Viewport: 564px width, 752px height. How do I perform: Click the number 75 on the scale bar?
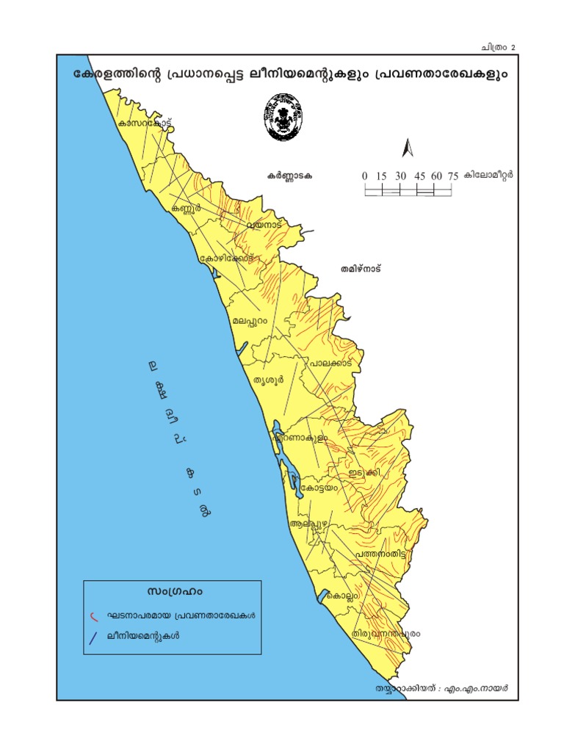pos(453,176)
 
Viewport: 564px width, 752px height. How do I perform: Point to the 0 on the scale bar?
pos(365,176)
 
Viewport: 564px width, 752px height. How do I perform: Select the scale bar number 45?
pos(419,176)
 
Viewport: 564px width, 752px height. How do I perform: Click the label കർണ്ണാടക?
pos(290,176)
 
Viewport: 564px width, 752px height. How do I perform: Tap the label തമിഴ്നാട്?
pos(361,269)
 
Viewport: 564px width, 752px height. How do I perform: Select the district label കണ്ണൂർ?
pos(186,209)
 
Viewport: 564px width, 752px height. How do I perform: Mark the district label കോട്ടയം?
pos(318,486)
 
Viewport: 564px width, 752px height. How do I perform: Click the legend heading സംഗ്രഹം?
pos(174,591)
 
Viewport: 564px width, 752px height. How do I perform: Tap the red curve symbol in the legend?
pos(93,615)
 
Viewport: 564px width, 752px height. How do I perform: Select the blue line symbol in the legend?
pos(93,638)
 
